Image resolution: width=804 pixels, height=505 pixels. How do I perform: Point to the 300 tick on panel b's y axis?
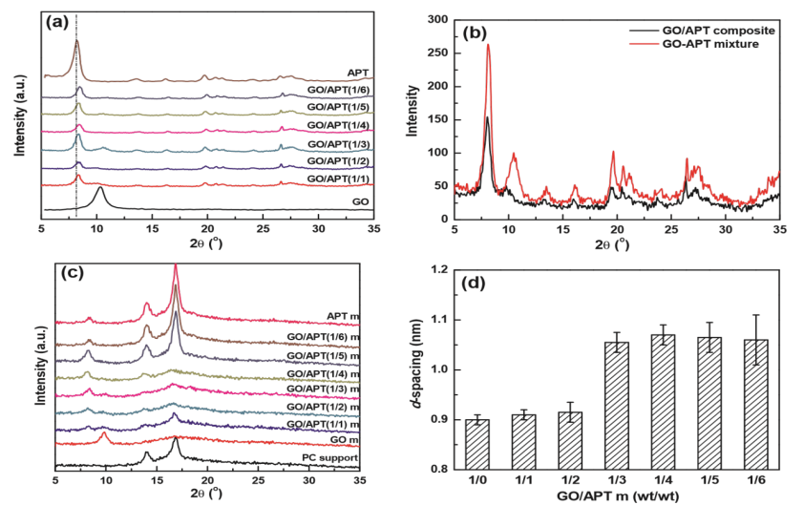coord(437,19)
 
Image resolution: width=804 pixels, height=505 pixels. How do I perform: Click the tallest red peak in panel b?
coord(488,45)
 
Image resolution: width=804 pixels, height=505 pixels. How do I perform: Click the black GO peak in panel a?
coord(100,189)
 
